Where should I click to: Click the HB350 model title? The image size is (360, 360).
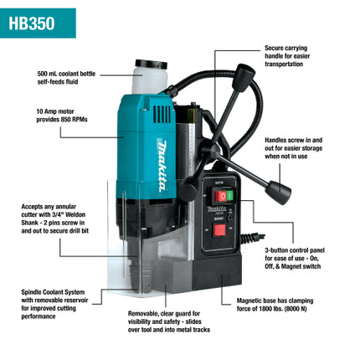[x=33, y=23]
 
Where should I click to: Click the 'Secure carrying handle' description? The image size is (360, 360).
[x=296, y=56]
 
